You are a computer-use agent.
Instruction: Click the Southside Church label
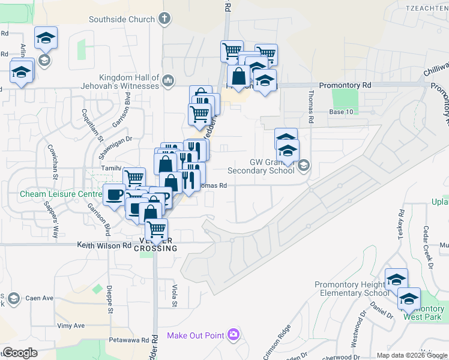[x=122, y=19]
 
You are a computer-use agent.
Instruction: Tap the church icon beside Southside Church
[x=166, y=19]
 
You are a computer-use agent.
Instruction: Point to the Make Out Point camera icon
[x=233, y=335]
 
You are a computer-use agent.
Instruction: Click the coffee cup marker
[x=114, y=194]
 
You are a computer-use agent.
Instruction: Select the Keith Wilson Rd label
[x=104, y=245]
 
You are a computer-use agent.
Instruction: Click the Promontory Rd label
[x=345, y=86]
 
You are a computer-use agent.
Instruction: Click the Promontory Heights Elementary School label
[x=352, y=289]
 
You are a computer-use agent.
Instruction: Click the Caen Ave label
[x=39, y=298]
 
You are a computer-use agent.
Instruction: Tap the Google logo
[x=20, y=353]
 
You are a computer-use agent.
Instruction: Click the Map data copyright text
[x=412, y=355]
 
